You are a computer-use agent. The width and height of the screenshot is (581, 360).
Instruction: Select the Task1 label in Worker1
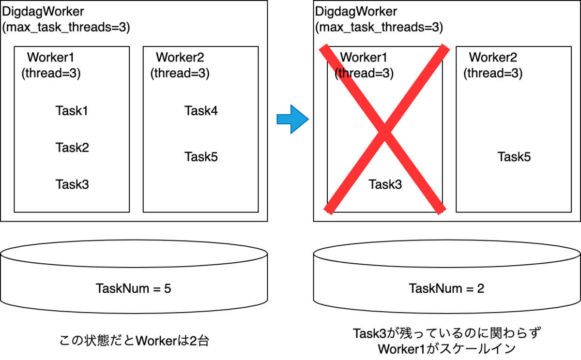[72, 111]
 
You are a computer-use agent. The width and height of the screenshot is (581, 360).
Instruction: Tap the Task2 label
[72, 147]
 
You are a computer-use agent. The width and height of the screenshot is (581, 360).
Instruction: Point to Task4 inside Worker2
[201, 111]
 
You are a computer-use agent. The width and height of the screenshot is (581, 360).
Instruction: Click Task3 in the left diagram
[72, 184]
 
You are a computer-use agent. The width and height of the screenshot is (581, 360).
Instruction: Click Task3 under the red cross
[385, 184]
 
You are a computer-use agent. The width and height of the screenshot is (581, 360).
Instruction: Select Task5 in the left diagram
[201, 157]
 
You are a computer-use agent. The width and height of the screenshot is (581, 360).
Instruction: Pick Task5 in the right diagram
[514, 157]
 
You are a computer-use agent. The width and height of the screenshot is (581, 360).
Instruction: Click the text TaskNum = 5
[134, 289]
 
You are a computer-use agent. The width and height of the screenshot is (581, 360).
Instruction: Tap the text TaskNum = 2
[446, 289]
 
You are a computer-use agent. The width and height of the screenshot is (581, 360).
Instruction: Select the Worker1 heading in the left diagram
[51, 58]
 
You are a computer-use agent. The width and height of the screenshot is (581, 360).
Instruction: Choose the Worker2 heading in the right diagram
[493, 58]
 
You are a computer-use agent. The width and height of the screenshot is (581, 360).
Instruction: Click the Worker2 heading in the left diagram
[180, 58]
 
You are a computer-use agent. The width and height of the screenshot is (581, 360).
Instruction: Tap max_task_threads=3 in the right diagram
[379, 28]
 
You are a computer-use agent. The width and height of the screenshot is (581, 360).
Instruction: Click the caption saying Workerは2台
[134, 341]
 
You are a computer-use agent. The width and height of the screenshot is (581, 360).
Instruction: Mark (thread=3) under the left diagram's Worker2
[180, 73]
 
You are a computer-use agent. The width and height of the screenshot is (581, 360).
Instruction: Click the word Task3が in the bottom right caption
[373, 333]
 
